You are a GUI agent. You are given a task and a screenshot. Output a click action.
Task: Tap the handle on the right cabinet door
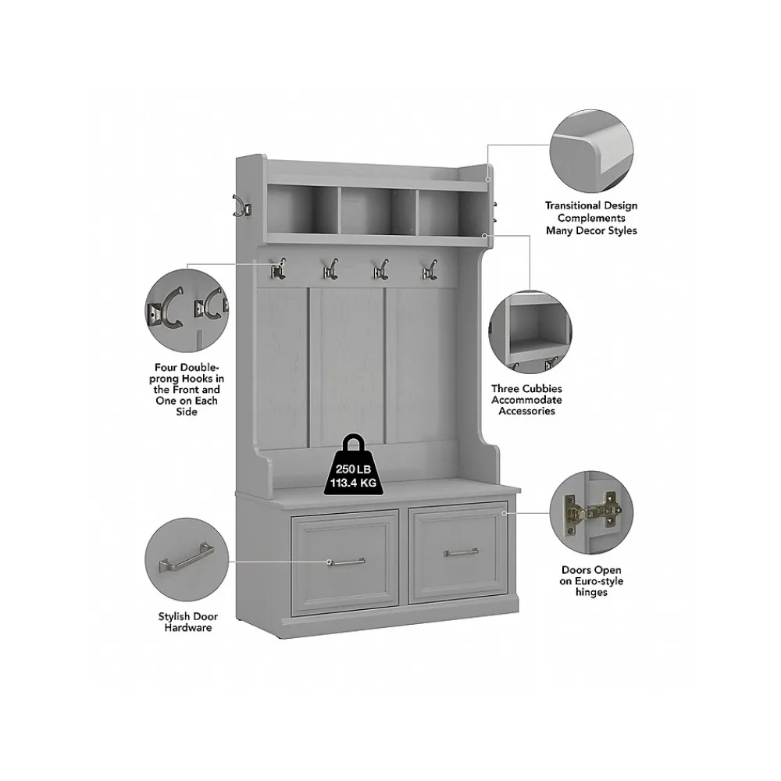pos(461,552)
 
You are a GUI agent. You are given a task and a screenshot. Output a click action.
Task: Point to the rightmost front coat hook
pos(429,269)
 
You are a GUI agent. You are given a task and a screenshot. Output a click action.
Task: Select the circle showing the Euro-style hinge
pos(591,515)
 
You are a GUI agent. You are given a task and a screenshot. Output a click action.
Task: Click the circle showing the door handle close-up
pos(182,562)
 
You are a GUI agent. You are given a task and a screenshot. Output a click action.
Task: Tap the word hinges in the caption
pos(592,593)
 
